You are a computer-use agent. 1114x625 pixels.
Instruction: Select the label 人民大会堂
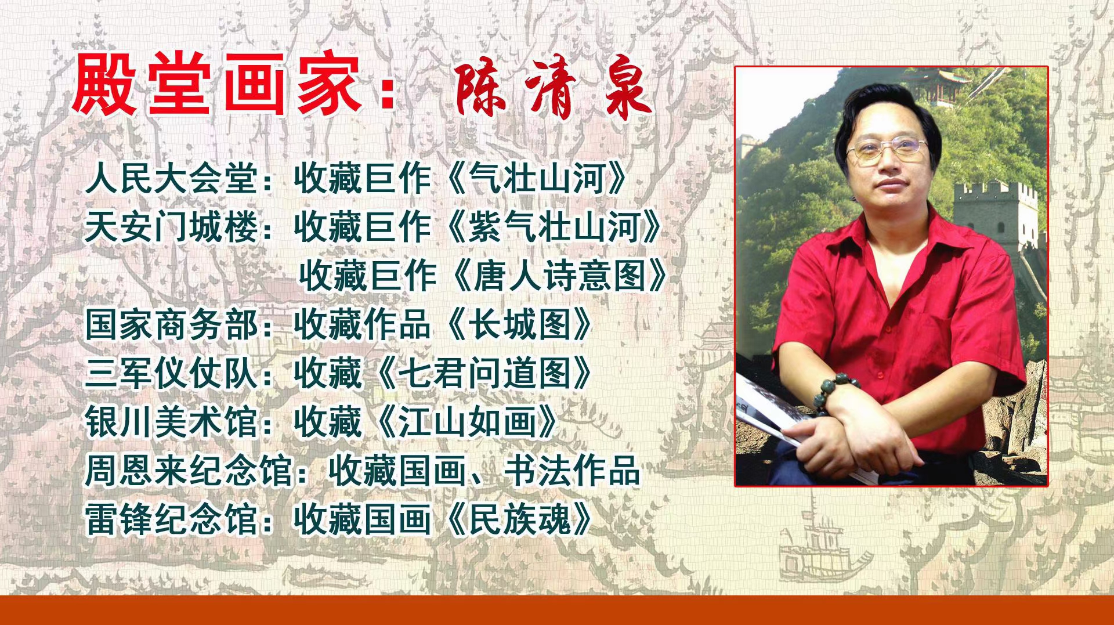pyautogui.click(x=172, y=178)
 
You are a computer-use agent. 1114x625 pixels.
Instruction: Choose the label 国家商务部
pyautogui.click(x=172, y=324)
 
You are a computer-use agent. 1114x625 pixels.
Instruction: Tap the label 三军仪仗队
pyautogui.click(x=172, y=373)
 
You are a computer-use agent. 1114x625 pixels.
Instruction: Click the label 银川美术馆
pyautogui.click(x=172, y=422)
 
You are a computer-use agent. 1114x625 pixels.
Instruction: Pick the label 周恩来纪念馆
pyautogui.click(x=189, y=471)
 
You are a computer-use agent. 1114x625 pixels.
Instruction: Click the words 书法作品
pyautogui.click(x=571, y=471)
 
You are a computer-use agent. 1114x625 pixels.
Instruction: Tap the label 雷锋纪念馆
pyautogui.click(x=172, y=519)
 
